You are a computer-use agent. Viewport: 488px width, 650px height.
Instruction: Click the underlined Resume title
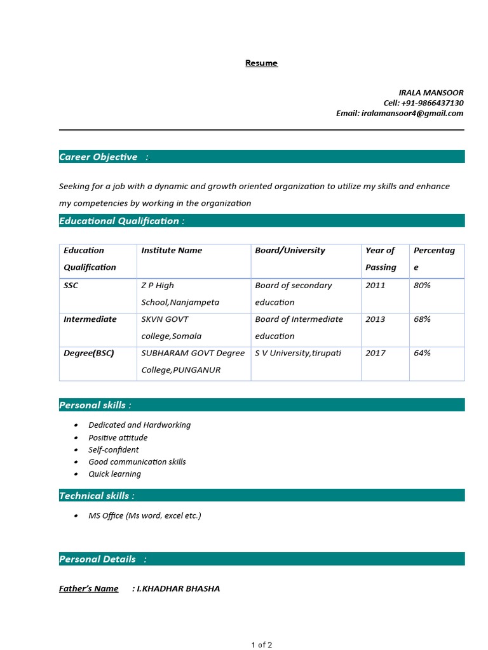click(261, 63)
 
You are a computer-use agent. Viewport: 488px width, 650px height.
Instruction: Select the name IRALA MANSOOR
click(431, 93)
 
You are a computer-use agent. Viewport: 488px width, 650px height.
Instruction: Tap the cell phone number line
click(423, 103)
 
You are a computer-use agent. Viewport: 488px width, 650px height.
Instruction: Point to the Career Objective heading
click(98, 157)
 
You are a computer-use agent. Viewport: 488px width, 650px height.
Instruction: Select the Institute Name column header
click(172, 250)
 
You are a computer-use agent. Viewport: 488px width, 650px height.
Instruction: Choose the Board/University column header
click(290, 250)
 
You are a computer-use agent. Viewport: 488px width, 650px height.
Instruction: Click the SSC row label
click(71, 285)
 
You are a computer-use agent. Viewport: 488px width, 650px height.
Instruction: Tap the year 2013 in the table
click(375, 319)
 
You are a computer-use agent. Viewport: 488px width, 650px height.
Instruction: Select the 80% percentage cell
click(422, 285)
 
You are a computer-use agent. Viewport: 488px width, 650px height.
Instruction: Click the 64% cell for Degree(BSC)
click(422, 353)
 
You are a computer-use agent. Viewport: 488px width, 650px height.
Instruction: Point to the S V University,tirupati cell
click(298, 353)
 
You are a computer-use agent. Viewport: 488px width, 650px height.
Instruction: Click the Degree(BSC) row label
click(89, 353)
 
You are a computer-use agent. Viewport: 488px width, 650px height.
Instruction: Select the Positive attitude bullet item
click(118, 437)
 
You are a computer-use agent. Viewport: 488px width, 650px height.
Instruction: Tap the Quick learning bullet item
click(114, 474)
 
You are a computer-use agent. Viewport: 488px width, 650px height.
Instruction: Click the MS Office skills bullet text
click(144, 515)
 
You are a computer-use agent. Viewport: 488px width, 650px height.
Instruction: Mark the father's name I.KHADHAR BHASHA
click(179, 588)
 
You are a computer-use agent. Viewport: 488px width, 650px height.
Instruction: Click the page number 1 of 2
click(261, 645)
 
